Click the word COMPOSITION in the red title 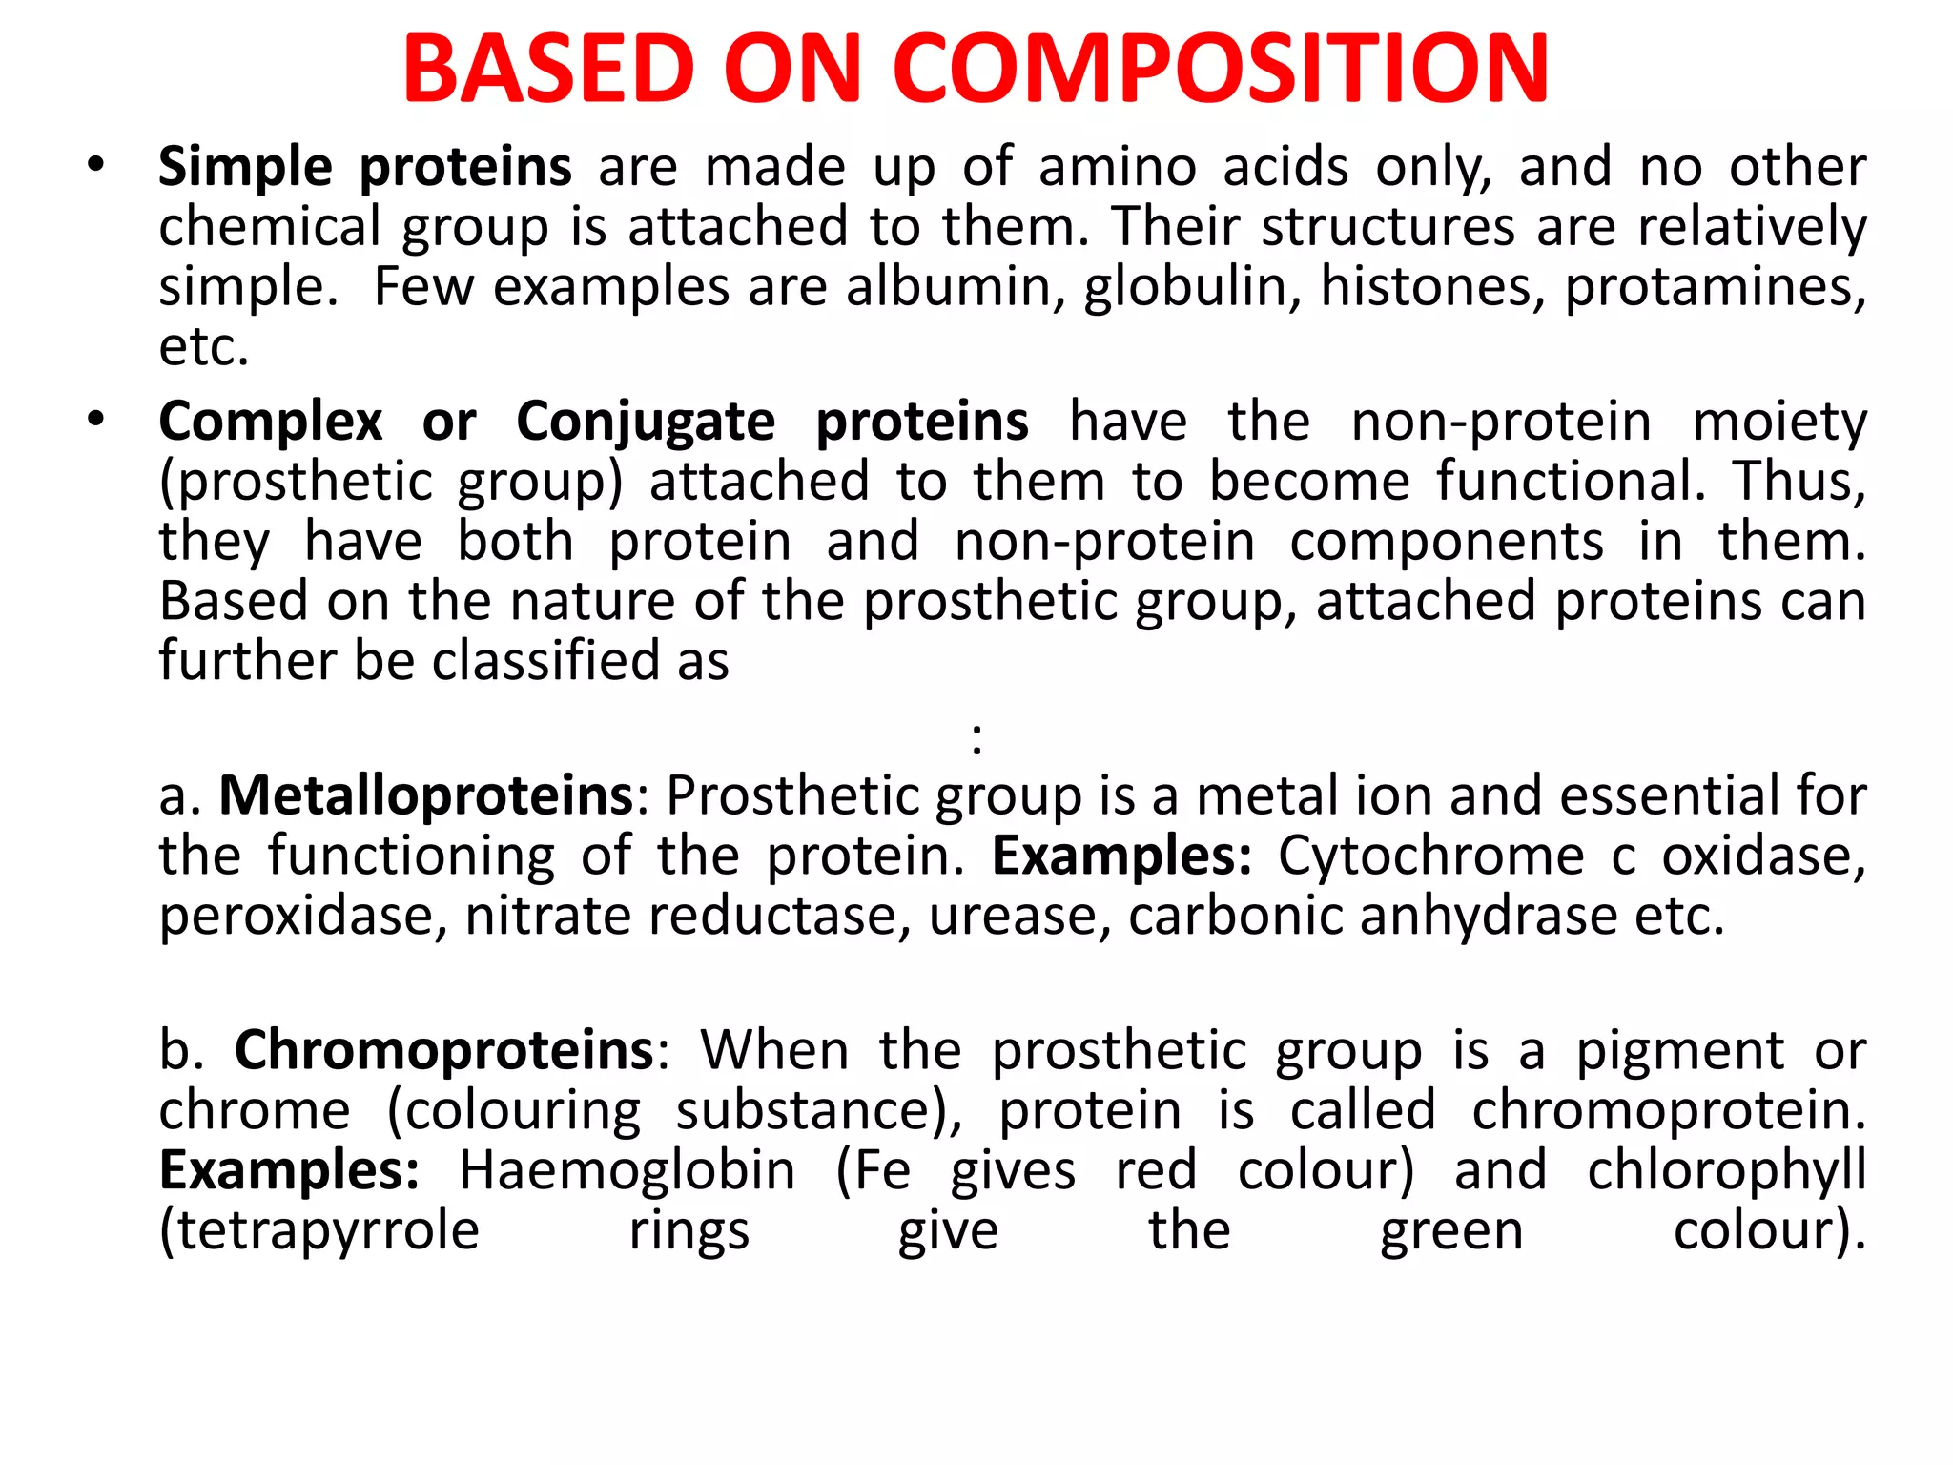1221,69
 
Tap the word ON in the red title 793,69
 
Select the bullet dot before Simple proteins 94,164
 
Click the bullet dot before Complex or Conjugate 94,419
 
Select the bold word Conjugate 646,422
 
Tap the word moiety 1779,422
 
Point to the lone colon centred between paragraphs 976,738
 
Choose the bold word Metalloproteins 426,795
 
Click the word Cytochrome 1431,856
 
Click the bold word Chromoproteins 444,1050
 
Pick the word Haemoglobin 627,1170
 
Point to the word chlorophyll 1726,1170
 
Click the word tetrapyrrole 319,1230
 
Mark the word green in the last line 1451,1231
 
